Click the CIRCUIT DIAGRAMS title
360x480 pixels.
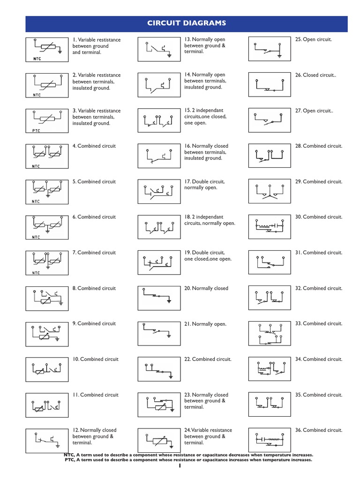(x=187, y=23)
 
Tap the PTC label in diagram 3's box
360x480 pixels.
(x=36, y=131)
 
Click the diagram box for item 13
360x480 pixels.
(x=158, y=49)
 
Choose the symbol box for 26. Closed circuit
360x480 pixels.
(x=269, y=84)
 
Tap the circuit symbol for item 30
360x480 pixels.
(x=269, y=226)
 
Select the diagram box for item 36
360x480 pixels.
(x=269, y=440)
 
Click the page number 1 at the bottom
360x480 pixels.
(x=180, y=466)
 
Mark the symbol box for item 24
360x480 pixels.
(x=158, y=440)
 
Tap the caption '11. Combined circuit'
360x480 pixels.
(x=96, y=395)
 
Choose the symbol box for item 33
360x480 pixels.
(x=269, y=333)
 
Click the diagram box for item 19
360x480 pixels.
(x=158, y=262)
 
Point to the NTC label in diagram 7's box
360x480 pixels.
(x=36, y=273)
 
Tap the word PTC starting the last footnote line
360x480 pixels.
(x=69, y=460)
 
